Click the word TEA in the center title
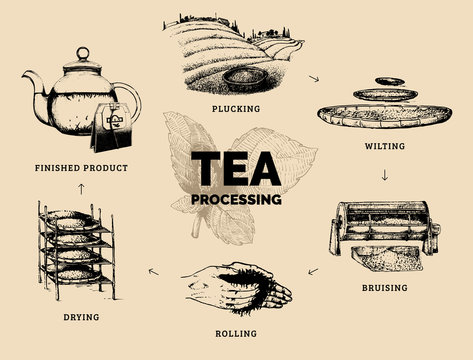coord(236,166)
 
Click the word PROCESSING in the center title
coord(236,198)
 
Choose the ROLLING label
coord(236,333)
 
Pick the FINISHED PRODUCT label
coord(81,167)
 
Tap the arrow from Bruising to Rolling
coord(313,270)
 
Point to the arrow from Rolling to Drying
coord(152,270)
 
